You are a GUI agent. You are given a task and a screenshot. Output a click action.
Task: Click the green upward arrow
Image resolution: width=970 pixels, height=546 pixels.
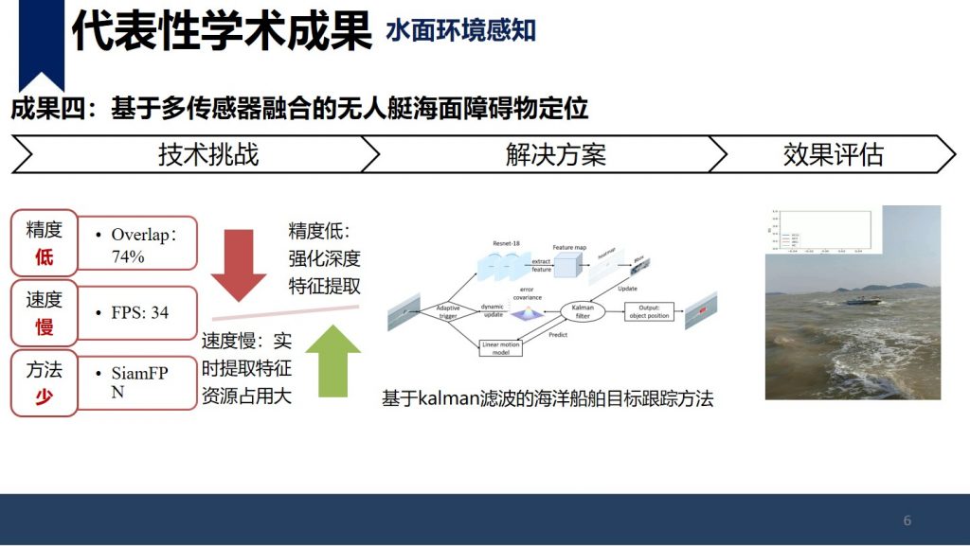click(x=332, y=361)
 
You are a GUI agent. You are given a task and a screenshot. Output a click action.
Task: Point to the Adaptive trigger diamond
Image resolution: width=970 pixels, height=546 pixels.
click(x=447, y=311)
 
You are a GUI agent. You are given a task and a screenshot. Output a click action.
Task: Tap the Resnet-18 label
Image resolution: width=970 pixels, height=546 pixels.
click(x=510, y=243)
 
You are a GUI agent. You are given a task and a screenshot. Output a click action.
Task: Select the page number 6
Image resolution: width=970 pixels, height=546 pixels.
click(x=907, y=520)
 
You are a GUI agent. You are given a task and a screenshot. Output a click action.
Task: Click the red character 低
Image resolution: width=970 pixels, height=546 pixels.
click(x=44, y=257)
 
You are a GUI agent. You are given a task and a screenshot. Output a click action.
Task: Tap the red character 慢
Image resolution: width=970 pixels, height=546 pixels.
click(x=44, y=327)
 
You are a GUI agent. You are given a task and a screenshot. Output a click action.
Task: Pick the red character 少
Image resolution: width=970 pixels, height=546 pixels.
click(x=44, y=397)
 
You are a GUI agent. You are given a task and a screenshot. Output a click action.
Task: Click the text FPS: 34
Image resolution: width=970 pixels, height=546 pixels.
click(x=139, y=312)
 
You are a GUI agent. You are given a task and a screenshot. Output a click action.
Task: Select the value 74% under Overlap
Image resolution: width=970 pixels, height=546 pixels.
click(x=128, y=255)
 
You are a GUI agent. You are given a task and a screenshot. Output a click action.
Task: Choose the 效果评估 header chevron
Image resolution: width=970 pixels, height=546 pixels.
click(x=833, y=154)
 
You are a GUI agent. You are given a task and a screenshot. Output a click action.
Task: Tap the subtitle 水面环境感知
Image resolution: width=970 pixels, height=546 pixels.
click(x=460, y=30)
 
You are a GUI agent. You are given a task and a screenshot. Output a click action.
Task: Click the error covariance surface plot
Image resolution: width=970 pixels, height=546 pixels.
click(x=526, y=312)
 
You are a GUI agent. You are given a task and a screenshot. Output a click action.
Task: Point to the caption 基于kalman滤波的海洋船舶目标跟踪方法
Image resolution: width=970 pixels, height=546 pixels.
click(x=547, y=399)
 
